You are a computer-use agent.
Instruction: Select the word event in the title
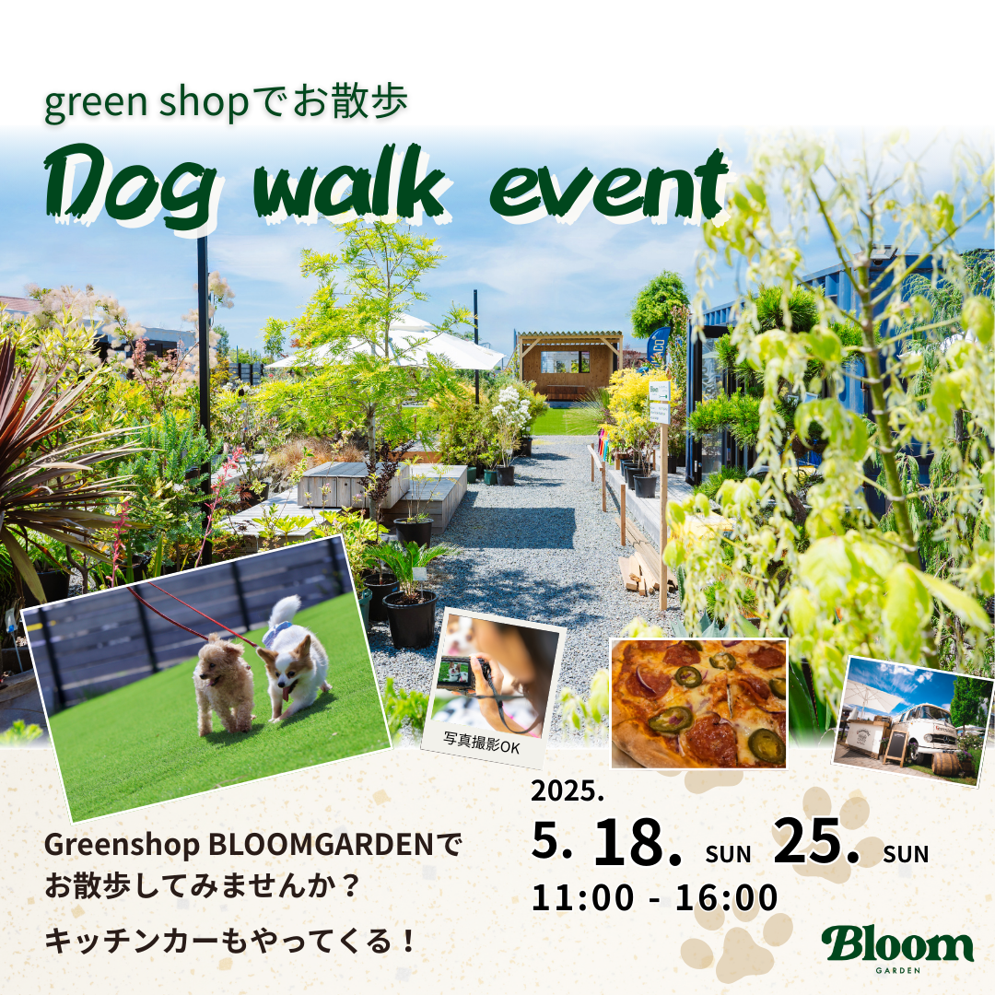pos(609,185)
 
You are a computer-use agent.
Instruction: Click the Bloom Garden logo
pos(897,948)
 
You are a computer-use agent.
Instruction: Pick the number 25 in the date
pos(816,840)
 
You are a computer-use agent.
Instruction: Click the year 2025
pos(568,790)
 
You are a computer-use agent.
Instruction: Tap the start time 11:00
pos(582,897)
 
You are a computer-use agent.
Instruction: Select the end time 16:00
pos(726,897)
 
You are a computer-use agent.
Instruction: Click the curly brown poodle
pos(222,685)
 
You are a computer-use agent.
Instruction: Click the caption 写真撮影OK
pos(481,742)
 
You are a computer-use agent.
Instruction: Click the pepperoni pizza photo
pos(698,703)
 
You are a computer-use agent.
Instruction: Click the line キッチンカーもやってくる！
pos(229,941)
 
